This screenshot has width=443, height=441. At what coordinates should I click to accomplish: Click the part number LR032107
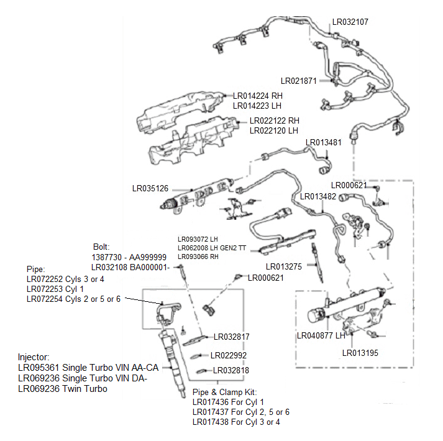(350, 22)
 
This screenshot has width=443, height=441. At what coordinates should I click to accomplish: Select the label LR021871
(299, 81)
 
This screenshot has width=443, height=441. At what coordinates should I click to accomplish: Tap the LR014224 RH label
(257, 96)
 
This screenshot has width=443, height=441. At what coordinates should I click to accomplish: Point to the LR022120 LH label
(273, 131)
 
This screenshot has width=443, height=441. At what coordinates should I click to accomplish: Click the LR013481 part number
(324, 142)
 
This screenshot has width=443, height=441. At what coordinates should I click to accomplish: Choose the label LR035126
(150, 188)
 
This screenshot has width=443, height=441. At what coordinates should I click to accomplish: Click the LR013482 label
(318, 197)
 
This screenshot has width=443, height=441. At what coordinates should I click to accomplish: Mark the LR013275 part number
(284, 267)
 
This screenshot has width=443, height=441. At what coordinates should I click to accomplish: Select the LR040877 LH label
(319, 336)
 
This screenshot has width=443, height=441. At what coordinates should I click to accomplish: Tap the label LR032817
(231, 337)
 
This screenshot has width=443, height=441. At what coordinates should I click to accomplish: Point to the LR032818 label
(231, 370)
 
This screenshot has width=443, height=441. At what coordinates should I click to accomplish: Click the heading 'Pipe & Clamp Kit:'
(224, 393)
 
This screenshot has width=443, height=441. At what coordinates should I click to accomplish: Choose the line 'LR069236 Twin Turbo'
(63, 389)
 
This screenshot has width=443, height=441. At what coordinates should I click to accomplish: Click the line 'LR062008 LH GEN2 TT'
(211, 248)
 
